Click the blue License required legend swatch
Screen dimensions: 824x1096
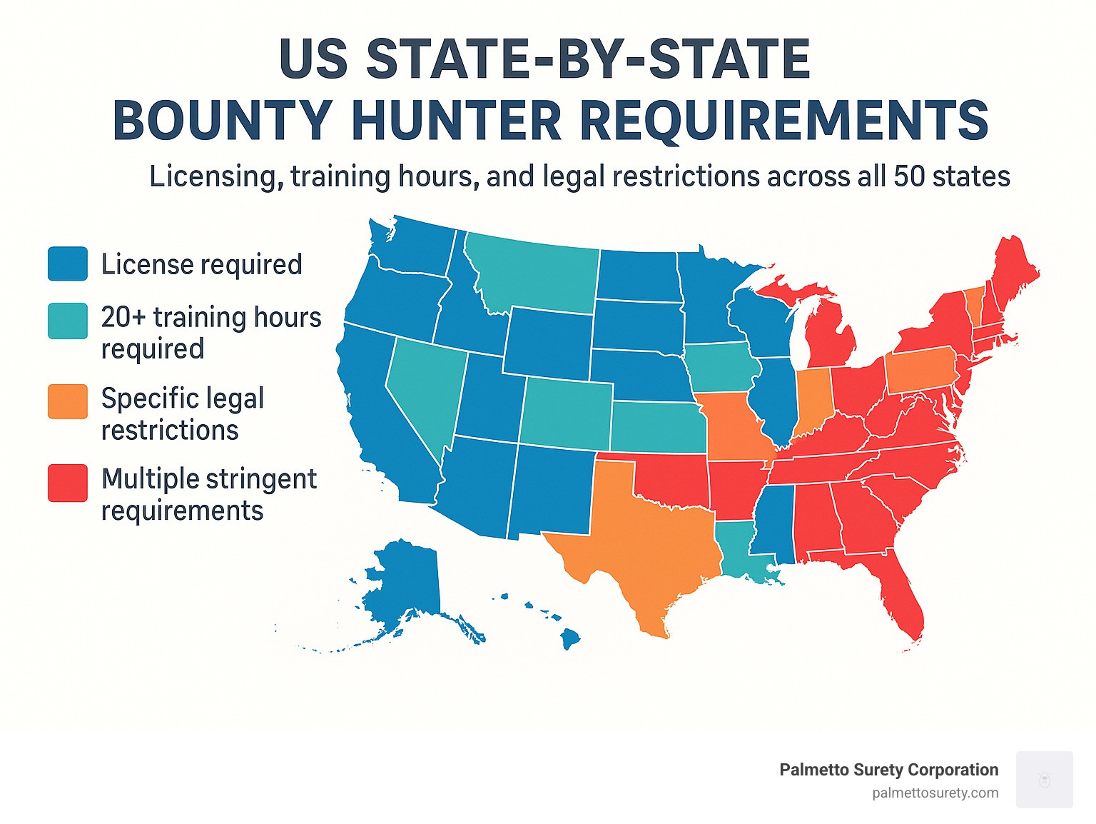pyautogui.click(x=68, y=263)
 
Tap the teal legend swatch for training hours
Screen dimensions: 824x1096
pyautogui.click(x=68, y=321)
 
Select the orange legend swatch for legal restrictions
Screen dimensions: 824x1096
pyautogui.click(x=68, y=401)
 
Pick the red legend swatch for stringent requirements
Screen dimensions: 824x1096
pyautogui.click(x=68, y=483)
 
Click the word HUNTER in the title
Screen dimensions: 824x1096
pyautogui.click(x=457, y=121)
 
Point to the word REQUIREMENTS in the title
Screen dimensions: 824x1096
pyautogui.click(x=784, y=121)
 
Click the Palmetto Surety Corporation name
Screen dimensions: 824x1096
pyautogui.click(x=888, y=770)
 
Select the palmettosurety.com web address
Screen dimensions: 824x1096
pyautogui.click(x=935, y=793)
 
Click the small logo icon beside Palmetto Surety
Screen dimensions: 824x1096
pyautogui.click(x=1044, y=779)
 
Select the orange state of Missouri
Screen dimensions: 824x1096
pyautogui.click(x=735, y=425)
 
